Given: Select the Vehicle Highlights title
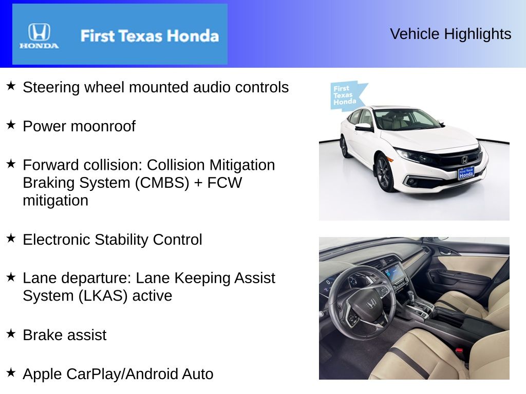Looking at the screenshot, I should click(x=450, y=34).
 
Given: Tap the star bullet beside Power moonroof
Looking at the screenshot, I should click(x=11, y=125).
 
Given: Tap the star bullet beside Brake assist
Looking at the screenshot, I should click(x=11, y=333).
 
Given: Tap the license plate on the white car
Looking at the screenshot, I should click(x=465, y=173).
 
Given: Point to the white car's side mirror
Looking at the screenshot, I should click(x=364, y=127).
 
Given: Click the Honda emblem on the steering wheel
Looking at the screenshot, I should click(x=371, y=305).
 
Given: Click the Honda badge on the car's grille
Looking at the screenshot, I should click(x=464, y=159).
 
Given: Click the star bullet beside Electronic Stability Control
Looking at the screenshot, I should click(x=11, y=238).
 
